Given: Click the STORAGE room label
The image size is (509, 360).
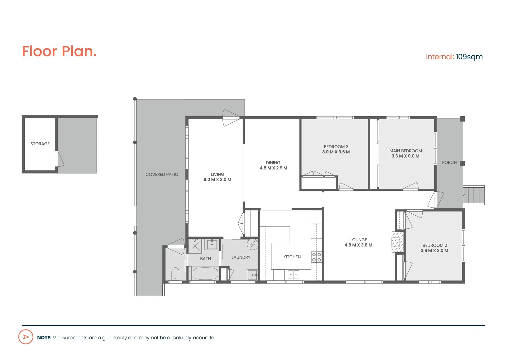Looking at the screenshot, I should (x=40, y=144).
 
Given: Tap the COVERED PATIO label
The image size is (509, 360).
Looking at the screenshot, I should (x=162, y=174).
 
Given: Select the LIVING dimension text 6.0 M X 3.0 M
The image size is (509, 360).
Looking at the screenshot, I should (x=217, y=180).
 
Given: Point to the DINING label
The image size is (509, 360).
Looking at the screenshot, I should (x=273, y=163).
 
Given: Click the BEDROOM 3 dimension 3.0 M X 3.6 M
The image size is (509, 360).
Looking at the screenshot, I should (x=336, y=152).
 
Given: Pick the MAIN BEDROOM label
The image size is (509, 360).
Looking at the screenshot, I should (x=406, y=151).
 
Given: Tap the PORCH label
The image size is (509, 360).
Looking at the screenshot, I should (x=449, y=162).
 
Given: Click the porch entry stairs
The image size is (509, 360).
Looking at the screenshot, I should (x=474, y=195).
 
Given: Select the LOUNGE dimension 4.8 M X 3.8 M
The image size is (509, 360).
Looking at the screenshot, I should (x=358, y=245).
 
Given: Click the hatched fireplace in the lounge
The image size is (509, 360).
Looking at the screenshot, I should (x=397, y=242).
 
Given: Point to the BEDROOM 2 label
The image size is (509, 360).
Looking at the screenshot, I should (x=435, y=245).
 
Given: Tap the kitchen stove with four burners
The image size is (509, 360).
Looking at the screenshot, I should (x=316, y=257).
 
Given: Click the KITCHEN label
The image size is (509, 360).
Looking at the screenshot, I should (x=292, y=257).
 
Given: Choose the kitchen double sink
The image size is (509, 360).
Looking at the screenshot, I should (x=293, y=275).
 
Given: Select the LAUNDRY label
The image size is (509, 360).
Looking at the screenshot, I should (x=241, y=257).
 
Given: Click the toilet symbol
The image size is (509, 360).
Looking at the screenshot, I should (x=175, y=274).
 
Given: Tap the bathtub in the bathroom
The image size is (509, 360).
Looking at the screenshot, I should (x=205, y=274).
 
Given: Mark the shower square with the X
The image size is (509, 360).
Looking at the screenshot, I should (x=195, y=246).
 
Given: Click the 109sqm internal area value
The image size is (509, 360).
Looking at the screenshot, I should (x=469, y=57).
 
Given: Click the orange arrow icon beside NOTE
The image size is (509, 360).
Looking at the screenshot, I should (x=26, y=337).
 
